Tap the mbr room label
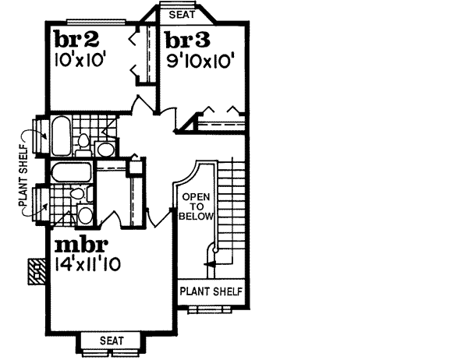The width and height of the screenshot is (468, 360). [x=76, y=246]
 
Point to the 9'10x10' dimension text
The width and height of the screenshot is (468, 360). [x=197, y=58]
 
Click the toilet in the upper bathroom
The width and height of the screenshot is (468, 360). [x=83, y=142]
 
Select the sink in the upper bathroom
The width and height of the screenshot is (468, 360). [x=105, y=148]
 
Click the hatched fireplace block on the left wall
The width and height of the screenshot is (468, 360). [x=35, y=271]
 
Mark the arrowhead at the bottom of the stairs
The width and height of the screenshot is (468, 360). [x=208, y=265]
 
